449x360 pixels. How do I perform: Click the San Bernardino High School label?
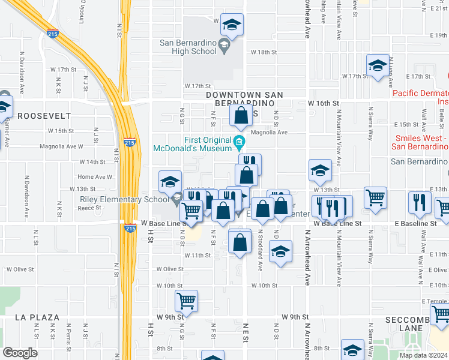pos(188,47)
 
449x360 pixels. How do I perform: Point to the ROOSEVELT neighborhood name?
pos(40,115)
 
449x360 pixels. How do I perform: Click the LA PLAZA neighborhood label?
pos(37,317)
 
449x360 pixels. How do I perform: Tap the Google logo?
pos(20,353)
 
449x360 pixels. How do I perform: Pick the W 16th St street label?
pos(324,103)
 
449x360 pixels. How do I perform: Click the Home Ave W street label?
pos(95,177)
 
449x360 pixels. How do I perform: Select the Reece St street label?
pos(89,208)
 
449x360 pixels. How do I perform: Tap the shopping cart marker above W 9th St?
pos(186,301)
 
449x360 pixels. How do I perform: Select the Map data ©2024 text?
pos(423,355)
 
